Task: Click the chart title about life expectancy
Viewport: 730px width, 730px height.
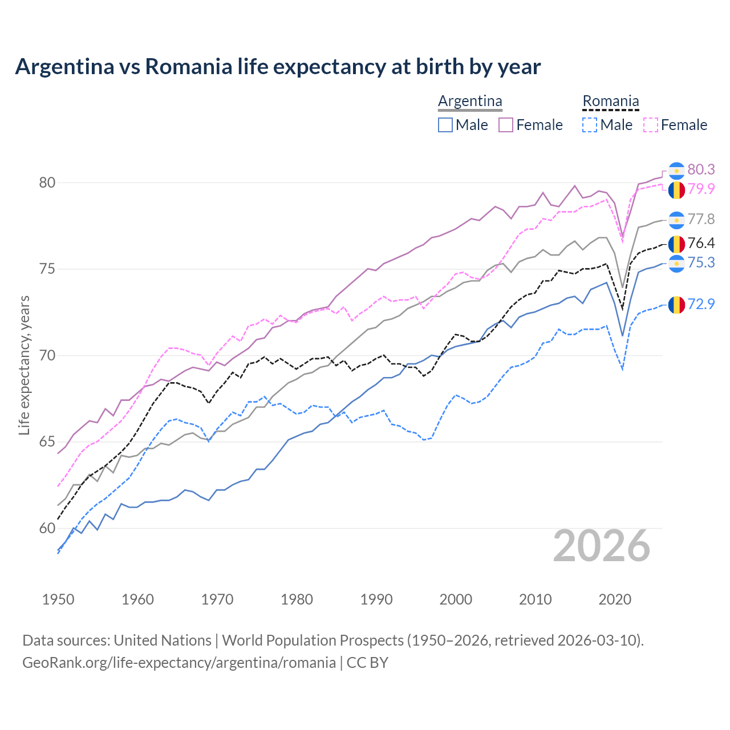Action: pyautogui.click(x=278, y=67)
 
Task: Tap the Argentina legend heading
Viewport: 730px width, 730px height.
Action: pyautogui.click(x=470, y=102)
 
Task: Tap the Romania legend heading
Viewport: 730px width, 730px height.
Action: pyautogui.click(x=610, y=102)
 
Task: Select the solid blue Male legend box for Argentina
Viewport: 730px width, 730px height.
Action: pyautogui.click(x=445, y=125)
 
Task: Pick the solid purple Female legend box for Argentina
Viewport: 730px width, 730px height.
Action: pyautogui.click(x=506, y=125)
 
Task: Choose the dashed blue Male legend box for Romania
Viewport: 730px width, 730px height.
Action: pyautogui.click(x=590, y=125)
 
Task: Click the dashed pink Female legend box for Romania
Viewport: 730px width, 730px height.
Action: pyautogui.click(x=650, y=125)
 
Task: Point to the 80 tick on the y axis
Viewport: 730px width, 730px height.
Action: pyautogui.click(x=47, y=183)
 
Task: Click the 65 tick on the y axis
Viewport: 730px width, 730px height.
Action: pyautogui.click(x=47, y=442)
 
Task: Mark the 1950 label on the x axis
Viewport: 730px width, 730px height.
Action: pyautogui.click(x=58, y=599)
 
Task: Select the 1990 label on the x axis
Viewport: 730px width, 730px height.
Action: pyautogui.click(x=376, y=599)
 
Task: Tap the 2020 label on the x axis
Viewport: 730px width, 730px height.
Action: pyautogui.click(x=615, y=599)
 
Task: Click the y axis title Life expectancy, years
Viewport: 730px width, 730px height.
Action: pyautogui.click(x=25, y=365)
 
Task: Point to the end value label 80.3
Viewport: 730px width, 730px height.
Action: pyautogui.click(x=701, y=170)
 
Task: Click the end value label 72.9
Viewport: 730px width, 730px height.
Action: pyautogui.click(x=701, y=305)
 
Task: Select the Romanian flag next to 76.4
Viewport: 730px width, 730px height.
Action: pyautogui.click(x=676, y=244)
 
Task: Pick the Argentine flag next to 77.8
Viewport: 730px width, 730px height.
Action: pyautogui.click(x=676, y=220)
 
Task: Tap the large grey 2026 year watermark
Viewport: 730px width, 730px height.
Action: pyautogui.click(x=602, y=546)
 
